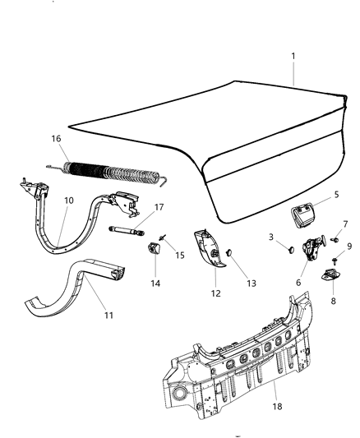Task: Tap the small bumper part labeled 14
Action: click(155, 250)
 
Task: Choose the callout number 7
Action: click(344, 224)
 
